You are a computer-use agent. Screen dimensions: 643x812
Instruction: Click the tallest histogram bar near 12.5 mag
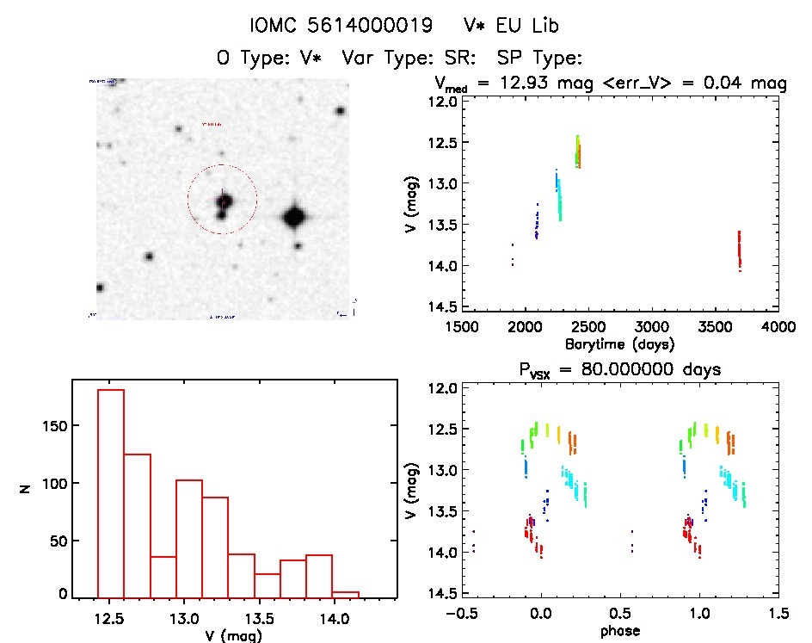pos(111,493)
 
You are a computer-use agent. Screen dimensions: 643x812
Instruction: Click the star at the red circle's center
pos(224,201)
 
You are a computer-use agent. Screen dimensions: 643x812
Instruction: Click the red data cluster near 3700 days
pos(739,250)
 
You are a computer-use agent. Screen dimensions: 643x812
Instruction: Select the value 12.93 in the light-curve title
pos(516,83)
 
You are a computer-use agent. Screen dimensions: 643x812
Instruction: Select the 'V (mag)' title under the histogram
pos(233,635)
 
